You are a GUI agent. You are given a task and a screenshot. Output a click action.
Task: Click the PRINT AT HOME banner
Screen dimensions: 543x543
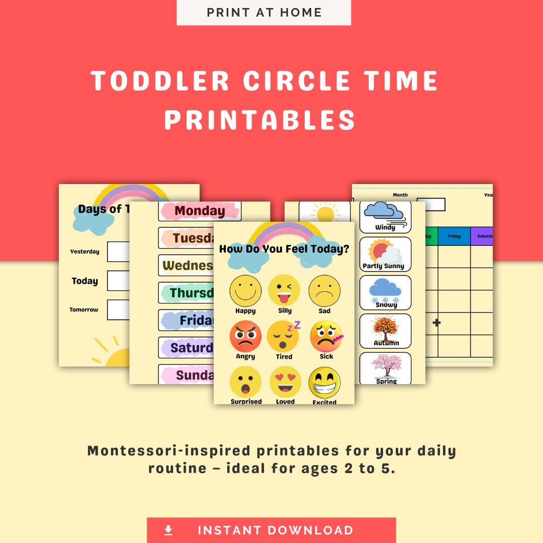[263, 13]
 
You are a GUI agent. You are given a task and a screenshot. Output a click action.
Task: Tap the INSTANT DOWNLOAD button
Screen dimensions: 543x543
[271, 530]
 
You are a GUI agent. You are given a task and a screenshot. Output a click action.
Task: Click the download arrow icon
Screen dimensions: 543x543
[168, 530]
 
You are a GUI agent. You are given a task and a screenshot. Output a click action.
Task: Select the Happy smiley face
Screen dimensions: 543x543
[245, 291]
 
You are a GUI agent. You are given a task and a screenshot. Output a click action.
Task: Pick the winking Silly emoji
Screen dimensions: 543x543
[285, 290]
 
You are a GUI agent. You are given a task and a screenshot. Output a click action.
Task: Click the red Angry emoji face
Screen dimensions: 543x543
[245, 337]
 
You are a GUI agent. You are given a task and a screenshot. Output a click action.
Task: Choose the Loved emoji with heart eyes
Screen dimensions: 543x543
[285, 382]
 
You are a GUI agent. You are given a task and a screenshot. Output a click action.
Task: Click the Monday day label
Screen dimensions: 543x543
[200, 211]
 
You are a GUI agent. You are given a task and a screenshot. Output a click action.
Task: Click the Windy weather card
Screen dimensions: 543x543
[385, 217]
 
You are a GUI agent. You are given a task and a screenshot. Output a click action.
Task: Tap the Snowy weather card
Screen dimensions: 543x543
[385, 293]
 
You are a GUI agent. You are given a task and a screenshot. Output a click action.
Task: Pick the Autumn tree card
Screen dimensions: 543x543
[385, 331]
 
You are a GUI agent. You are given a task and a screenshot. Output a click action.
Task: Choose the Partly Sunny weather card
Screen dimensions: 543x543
[385, 254]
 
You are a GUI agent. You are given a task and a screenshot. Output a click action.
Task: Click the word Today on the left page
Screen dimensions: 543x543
[84, 281]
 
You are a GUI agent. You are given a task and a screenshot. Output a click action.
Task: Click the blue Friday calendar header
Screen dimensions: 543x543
[454, 236]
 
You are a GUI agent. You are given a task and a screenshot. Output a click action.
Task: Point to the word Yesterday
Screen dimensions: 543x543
[84, 251]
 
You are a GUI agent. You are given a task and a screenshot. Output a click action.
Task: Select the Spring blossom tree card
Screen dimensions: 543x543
[386, 369]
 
